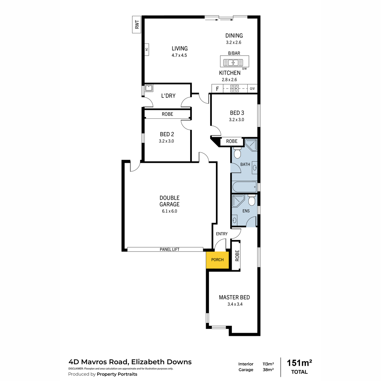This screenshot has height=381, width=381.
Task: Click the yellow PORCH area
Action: tap(217, 260)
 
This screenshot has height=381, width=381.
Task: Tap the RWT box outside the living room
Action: tap(137, 24)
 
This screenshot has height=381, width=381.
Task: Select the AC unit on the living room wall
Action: tap(147, 50)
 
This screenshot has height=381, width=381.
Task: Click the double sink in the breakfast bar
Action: tap(233, 63)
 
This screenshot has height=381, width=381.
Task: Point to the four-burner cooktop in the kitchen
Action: tap(235, 89)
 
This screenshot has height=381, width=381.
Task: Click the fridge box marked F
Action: tap(217, 89)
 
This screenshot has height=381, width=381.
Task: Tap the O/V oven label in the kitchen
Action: tap(252, 89)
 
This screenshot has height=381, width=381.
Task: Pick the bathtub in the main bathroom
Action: tap(245, 187)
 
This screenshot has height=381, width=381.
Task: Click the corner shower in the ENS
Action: tap(238, 201)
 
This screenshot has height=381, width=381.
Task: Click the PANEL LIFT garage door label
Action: tap(170, 250)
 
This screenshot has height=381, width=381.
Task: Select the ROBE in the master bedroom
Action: tap(236, 256)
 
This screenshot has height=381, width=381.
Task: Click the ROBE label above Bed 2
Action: tap(167, 114)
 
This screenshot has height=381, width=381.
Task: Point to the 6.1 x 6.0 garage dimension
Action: tap(170, 211)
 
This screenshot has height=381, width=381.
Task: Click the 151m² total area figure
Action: tap(299, 363)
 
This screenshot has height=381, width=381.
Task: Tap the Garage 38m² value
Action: tap(268, 370)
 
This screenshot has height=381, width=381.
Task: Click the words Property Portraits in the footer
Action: tap(117, 374)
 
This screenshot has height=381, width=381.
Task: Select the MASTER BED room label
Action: tap(234, 297)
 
